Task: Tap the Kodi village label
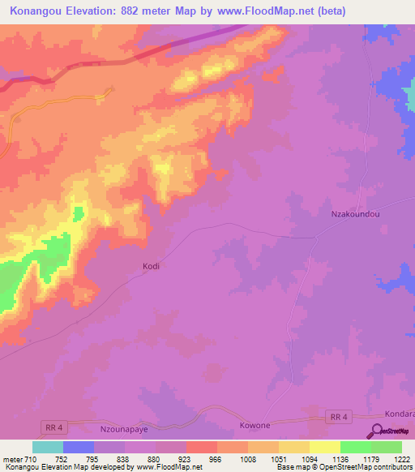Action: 152,266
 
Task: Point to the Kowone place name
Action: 254,425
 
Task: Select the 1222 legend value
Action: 401,458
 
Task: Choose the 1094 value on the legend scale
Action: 309,458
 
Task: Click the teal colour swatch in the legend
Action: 47,447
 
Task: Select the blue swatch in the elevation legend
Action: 78,447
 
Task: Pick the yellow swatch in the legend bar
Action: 324,447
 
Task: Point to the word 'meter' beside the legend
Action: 13,458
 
